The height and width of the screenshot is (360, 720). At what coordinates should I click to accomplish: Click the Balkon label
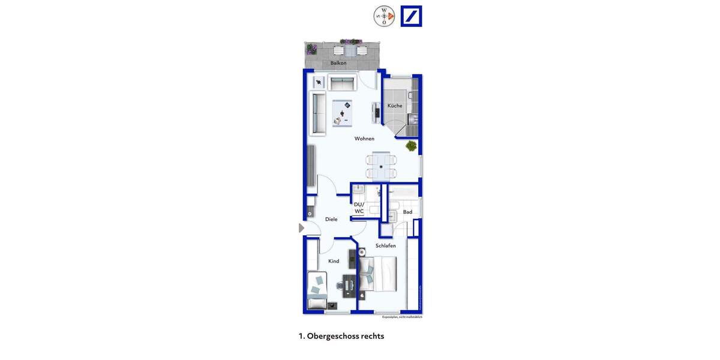click(338, 63)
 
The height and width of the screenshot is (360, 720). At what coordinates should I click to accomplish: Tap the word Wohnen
click(364, 139)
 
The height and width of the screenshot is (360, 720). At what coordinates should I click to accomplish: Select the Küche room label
click(395, 106)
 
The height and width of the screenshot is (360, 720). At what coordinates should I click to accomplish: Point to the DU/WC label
click(359, 208)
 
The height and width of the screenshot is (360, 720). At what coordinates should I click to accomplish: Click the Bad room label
click(407, 212)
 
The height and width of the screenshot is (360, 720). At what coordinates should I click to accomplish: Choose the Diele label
click(331, 220)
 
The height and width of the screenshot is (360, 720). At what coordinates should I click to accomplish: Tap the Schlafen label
click(386, 246)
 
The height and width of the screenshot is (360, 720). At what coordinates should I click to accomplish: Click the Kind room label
click(334, 261)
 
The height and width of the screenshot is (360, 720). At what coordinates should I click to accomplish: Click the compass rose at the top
click(384, 16)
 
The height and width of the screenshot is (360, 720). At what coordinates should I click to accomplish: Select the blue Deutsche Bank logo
click(412, 16)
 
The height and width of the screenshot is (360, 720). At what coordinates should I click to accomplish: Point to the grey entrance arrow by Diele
click(302, 228)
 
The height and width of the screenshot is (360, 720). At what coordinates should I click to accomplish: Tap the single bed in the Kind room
click(317, 290)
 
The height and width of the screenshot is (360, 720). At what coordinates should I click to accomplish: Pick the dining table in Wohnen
click(381, 166)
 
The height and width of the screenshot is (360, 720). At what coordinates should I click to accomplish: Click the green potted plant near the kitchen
click(411, 146)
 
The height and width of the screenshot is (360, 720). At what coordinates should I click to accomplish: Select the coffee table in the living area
click(343, 113)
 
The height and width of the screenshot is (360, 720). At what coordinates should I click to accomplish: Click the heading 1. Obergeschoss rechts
click(341, 336)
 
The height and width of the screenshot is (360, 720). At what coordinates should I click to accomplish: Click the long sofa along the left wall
click(317, 113)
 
